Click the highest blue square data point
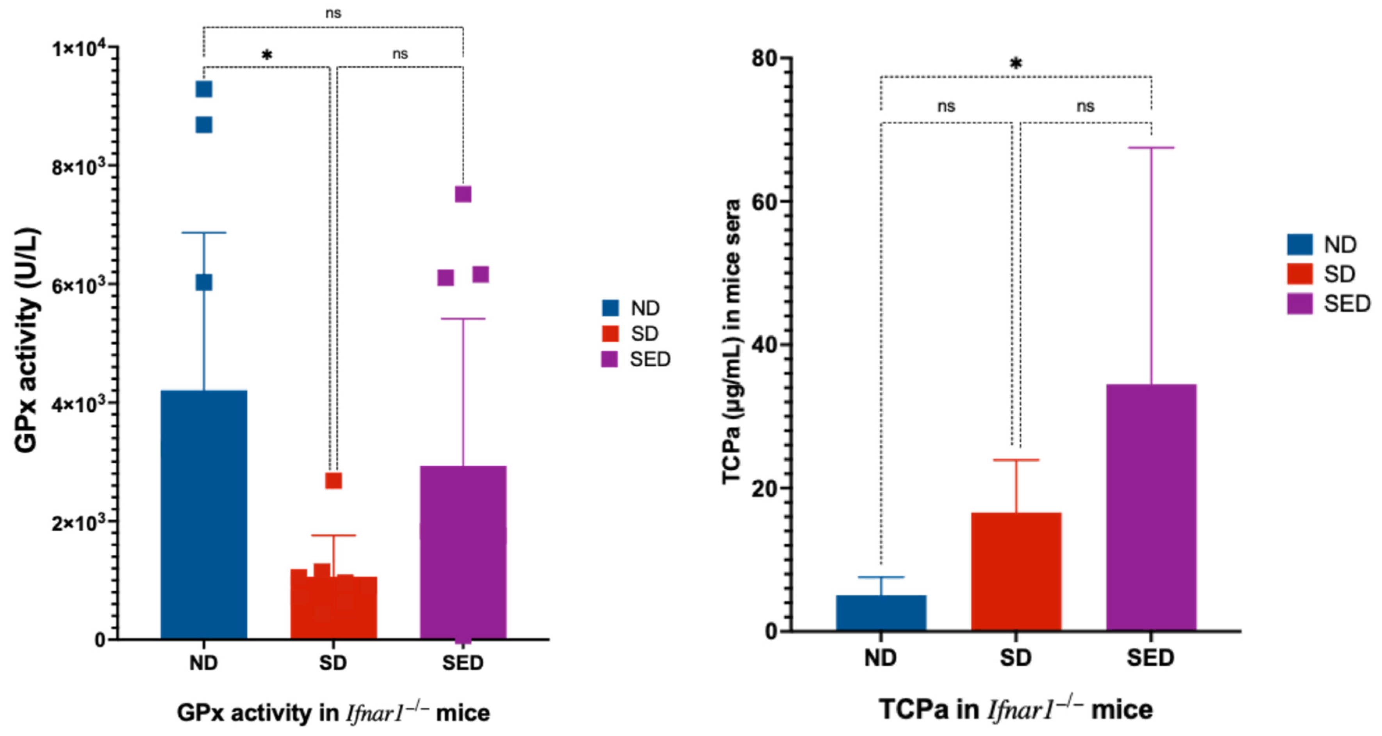204,89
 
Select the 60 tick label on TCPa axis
765,202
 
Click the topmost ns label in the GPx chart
333,13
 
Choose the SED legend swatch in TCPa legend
1299,304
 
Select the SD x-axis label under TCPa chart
1016,657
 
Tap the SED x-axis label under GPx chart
462,663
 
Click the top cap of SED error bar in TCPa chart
1151,147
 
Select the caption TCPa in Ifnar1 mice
1016,710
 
